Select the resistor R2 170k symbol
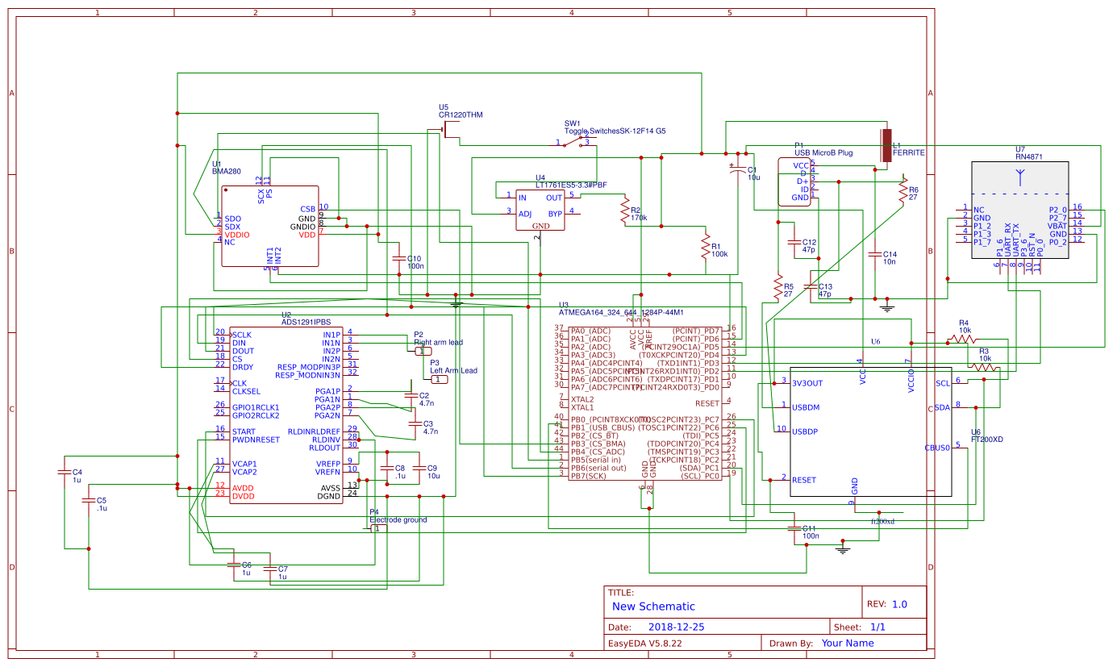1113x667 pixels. (x=623, y=212)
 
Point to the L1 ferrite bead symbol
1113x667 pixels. (x=886, y=145)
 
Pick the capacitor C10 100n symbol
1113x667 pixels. (x=398, y=259)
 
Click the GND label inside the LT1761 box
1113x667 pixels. (x=540, y=226)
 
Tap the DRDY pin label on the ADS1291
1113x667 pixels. (x=242, y=367)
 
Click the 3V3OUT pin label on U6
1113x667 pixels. (x=807, y=383)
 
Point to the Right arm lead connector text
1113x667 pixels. (x=438, y=342)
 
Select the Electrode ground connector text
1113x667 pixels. (x=398, y=520)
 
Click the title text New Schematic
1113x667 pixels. (x=653, y=607)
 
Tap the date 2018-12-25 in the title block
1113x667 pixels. (x=677, y=627)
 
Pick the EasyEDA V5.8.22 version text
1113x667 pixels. (x=644, y=643)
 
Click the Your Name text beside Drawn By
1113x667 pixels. (x=848, y=643)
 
